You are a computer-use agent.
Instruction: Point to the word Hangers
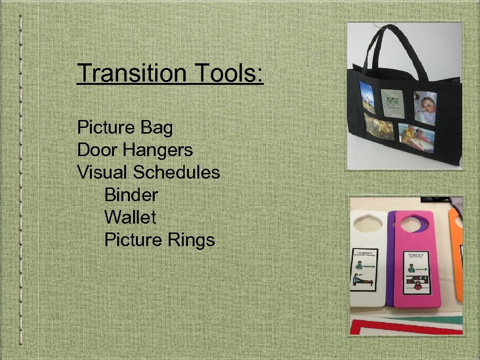(x=158, y=150)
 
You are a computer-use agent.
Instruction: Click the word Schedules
(x=176, y=172)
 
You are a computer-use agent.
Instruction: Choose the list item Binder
(x=131, y=195)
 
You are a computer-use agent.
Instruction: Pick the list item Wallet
(x=130, y=217)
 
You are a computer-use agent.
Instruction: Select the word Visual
(x=103, y=172)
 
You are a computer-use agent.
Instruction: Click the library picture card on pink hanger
(x=416, y=271)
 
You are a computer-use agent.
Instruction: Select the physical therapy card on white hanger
(x=364, y=274)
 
